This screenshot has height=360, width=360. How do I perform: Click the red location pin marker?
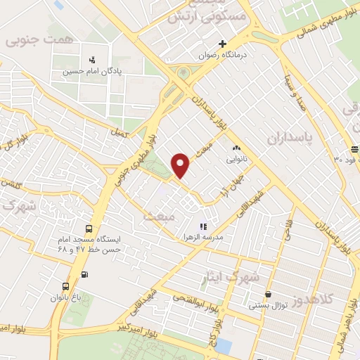pyautogui.click(x=181, y=165)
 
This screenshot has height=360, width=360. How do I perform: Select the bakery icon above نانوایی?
pyautogui.click(x=236, y=148)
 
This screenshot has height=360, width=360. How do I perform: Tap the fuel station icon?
pyautogui.click(x=85, y=274)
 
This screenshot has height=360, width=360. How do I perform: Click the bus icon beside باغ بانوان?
pyautogui.click(x=65, y=286)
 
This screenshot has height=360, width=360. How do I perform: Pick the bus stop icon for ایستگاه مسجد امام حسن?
pyautogui.click(x=89, y=229)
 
